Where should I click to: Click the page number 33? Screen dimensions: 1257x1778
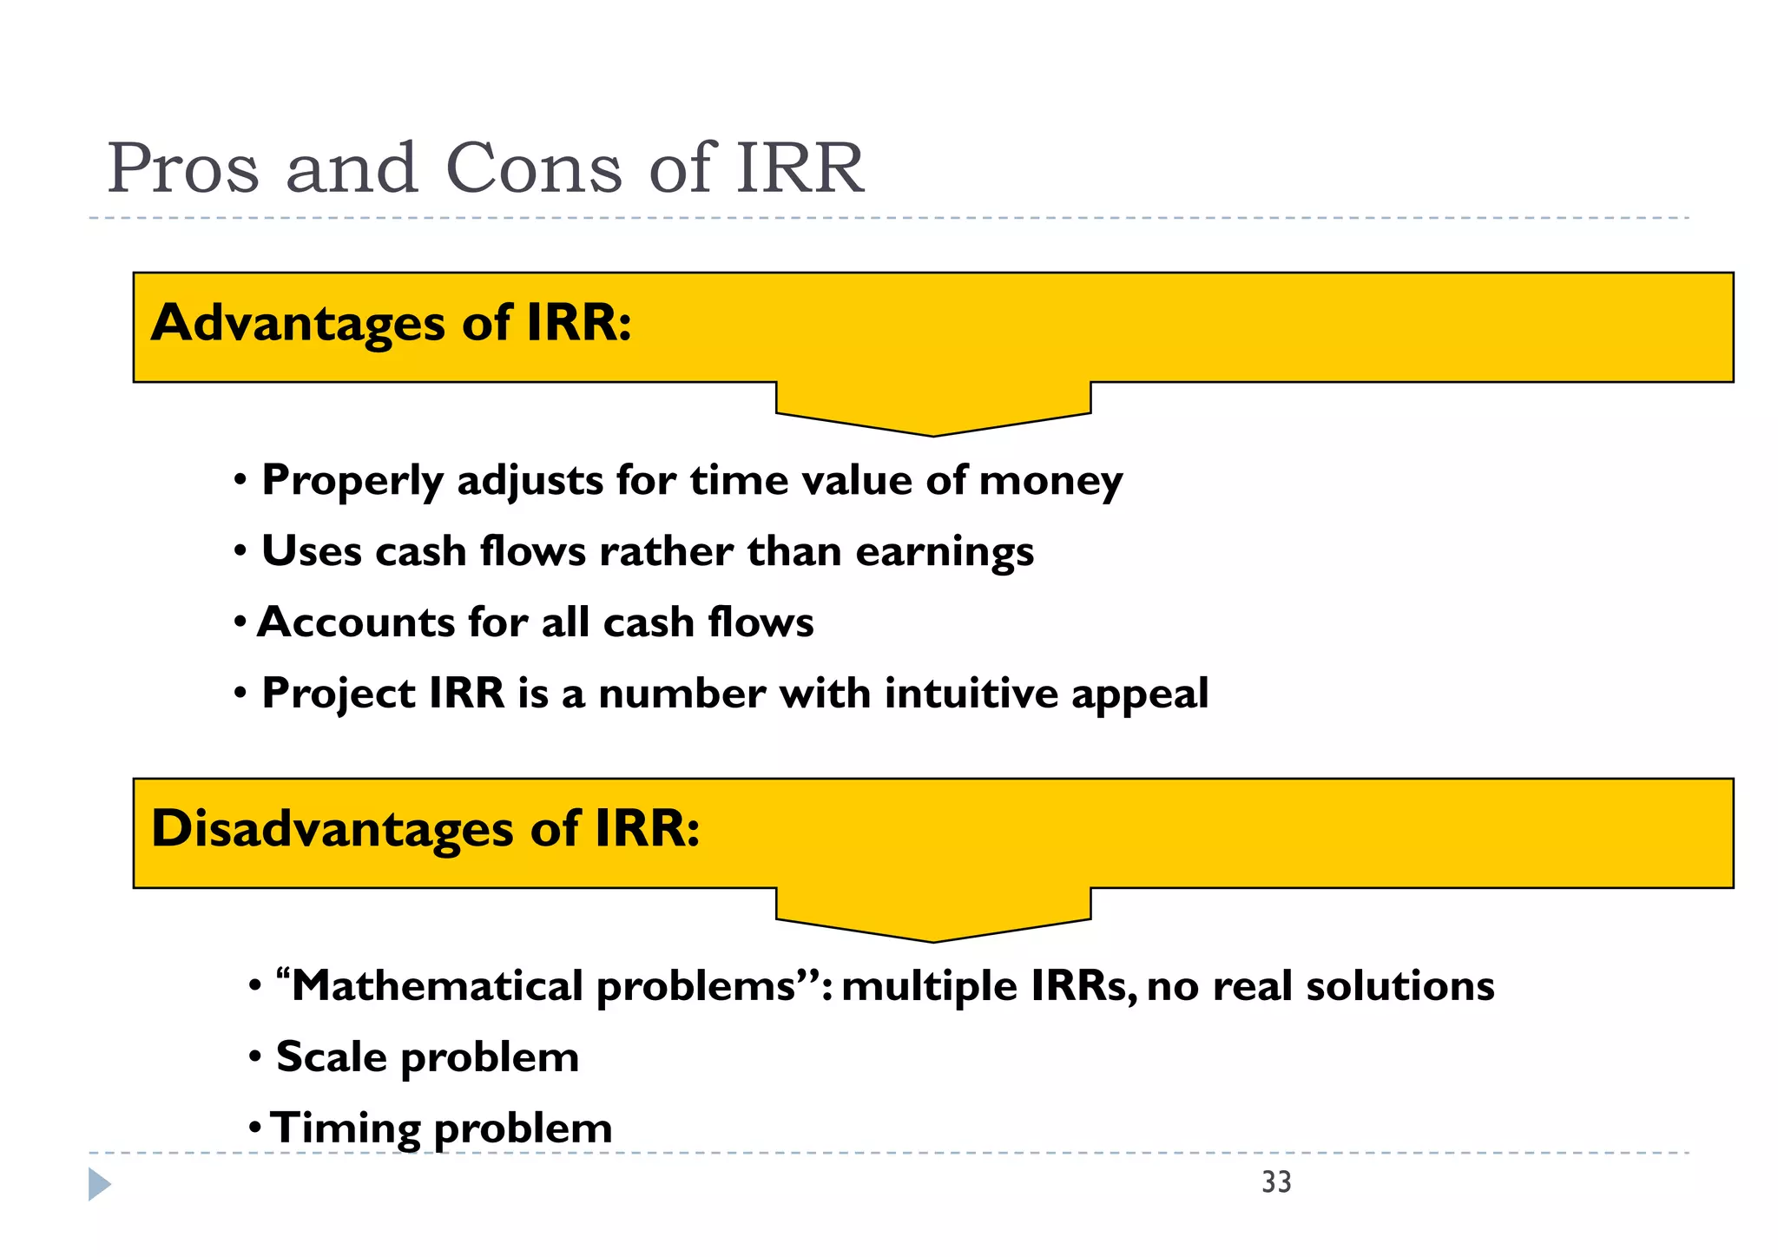pyautogui.click(x=1276, y=1182)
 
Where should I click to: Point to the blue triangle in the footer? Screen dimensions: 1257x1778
pyautogui.click(x=99, y=1184)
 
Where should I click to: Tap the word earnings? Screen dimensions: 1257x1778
pyautogui.click(x=945, y=552)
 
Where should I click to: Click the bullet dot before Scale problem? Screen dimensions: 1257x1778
pyautogui.click(x=255, y=1057)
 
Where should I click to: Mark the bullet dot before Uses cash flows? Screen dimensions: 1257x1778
pyautogui.click(x=240, y=552)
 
